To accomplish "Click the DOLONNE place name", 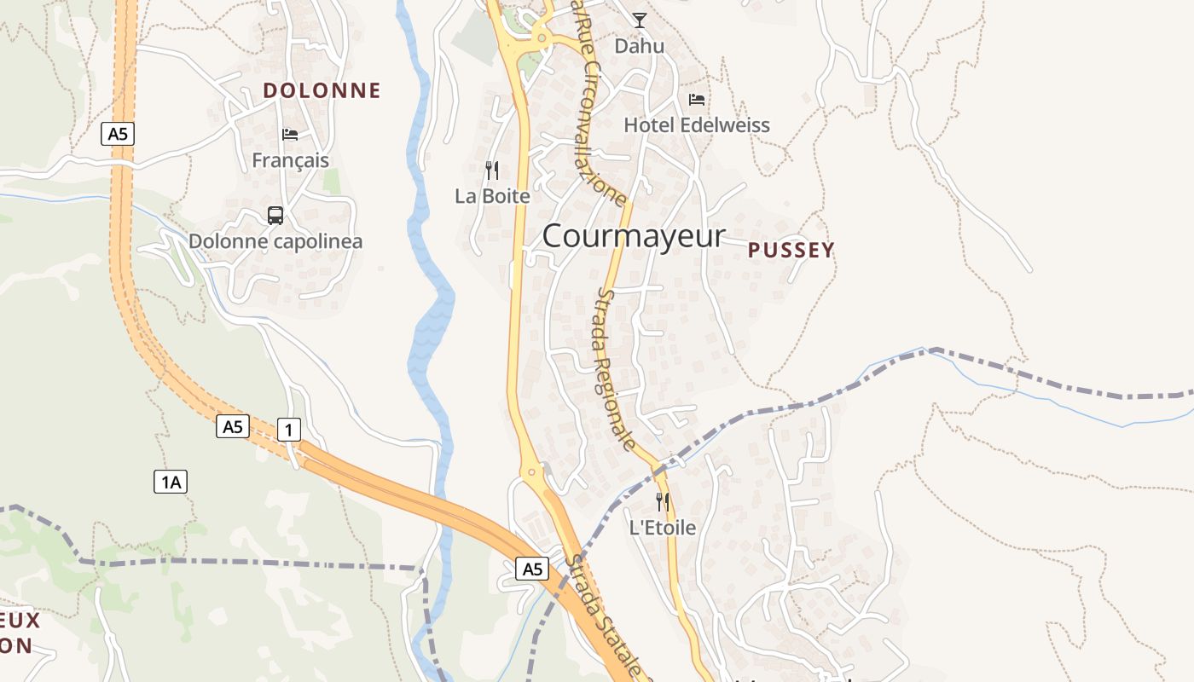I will click(322, 90).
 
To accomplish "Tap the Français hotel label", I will click(290, 160).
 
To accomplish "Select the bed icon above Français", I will click(290, 134).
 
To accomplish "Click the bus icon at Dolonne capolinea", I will click(275, 216).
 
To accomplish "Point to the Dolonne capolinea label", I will click(275, 241).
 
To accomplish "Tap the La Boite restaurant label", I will click(492, 196).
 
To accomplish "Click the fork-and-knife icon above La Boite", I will click(492, 170).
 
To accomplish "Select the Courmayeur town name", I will click(633, 236).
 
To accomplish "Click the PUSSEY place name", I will click(791, 250).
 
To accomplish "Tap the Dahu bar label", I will click(639, 46).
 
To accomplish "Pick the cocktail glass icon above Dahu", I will click(640, 20).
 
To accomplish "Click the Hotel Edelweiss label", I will click(697, 125).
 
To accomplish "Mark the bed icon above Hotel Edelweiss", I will click(697, 100).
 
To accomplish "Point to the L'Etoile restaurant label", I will click(663, 528).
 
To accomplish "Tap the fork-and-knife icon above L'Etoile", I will click(663, 502).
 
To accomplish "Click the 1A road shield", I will click(171, 483).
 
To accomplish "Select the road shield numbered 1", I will click(289, 430).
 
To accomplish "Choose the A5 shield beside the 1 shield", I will click(233, 426).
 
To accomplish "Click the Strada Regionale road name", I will click(616, 368).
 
